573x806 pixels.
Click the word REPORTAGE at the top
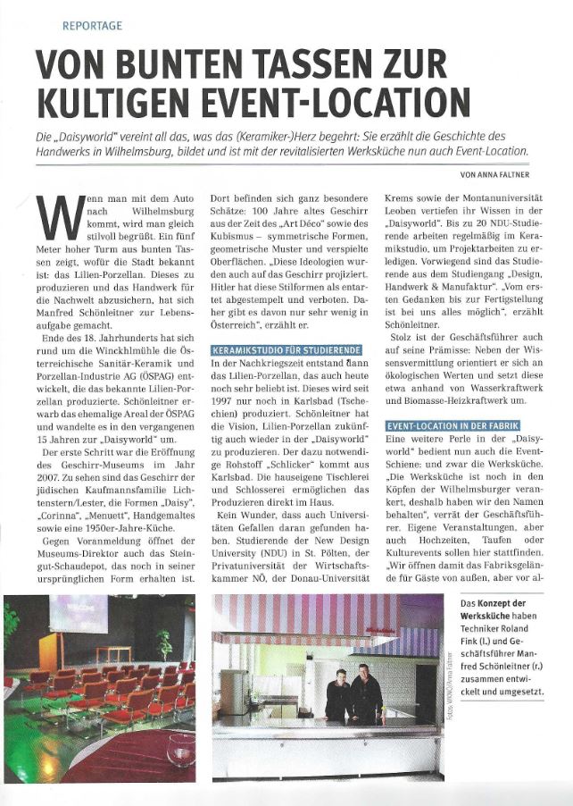click(x=92, y=26)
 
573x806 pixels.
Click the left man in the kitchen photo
click(x=337, y=693)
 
